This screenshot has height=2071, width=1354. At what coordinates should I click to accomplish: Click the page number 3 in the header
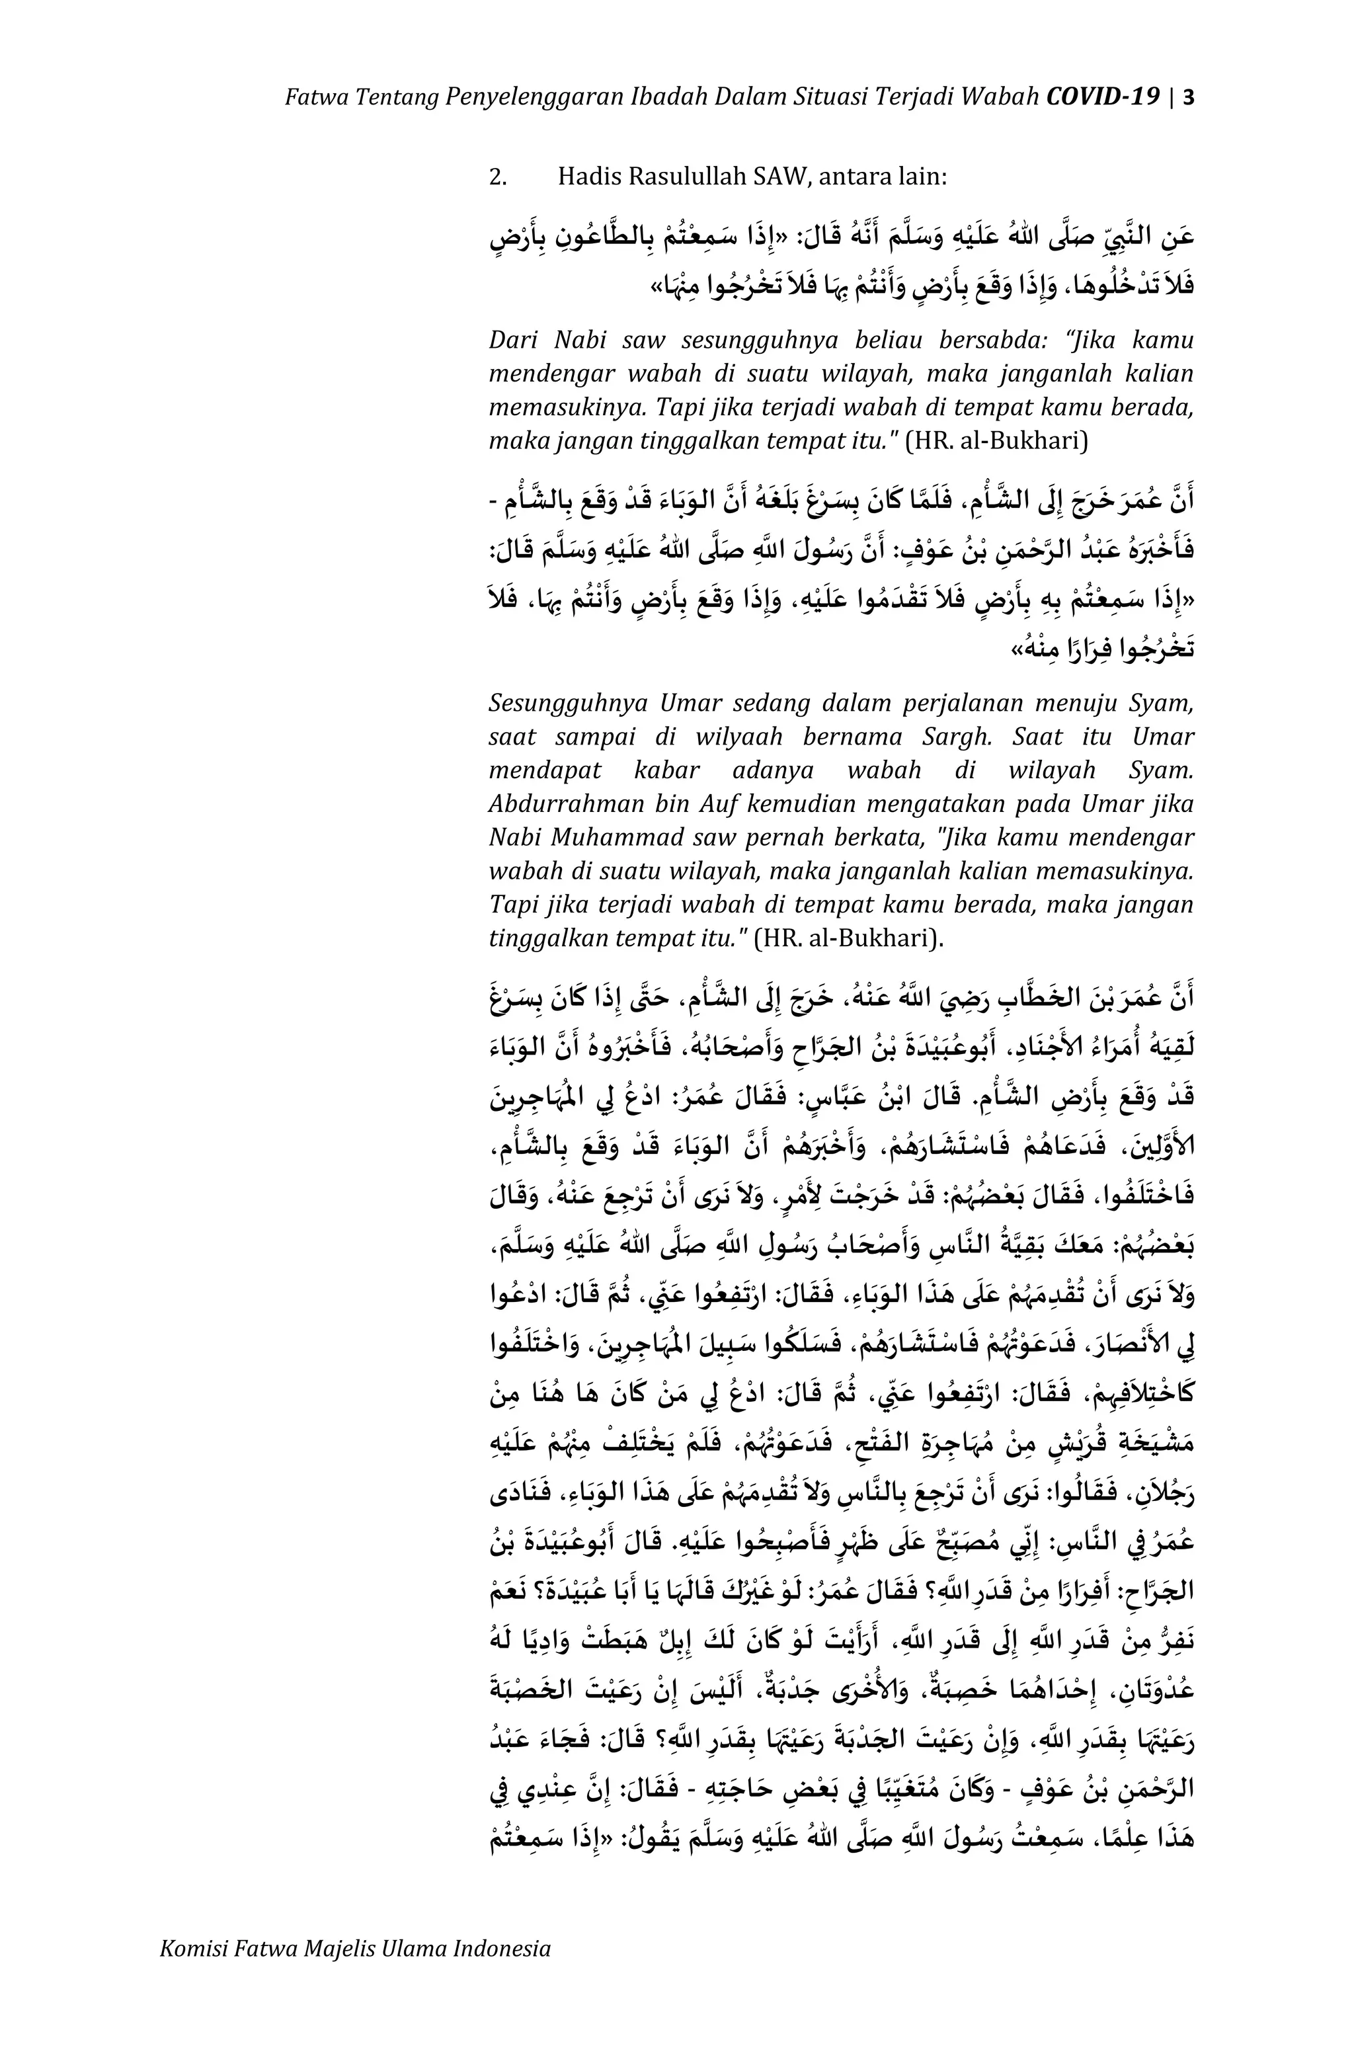1188,96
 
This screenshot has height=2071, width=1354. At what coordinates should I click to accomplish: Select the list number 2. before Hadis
498,177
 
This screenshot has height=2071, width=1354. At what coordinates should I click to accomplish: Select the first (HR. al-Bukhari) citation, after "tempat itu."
996,441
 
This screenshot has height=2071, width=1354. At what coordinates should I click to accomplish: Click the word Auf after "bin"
721,803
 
